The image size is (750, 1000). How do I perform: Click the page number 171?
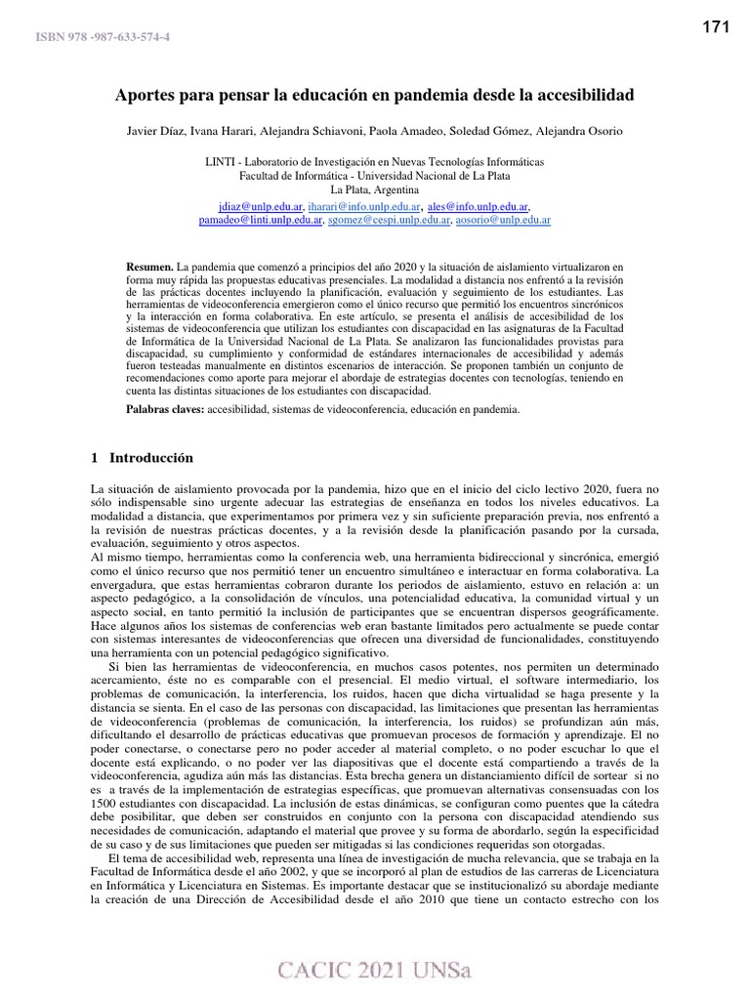pos(716,27)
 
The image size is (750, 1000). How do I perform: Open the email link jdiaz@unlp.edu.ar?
pos(260,207)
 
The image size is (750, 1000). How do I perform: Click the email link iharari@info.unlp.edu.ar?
pos(364,207)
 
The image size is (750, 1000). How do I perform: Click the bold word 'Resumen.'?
pos(150,266)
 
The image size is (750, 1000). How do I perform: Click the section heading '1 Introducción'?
pos(142,457)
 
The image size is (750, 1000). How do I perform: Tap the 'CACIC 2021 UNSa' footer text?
pos(375,970)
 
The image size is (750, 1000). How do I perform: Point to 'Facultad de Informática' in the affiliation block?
pos(290,176)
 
